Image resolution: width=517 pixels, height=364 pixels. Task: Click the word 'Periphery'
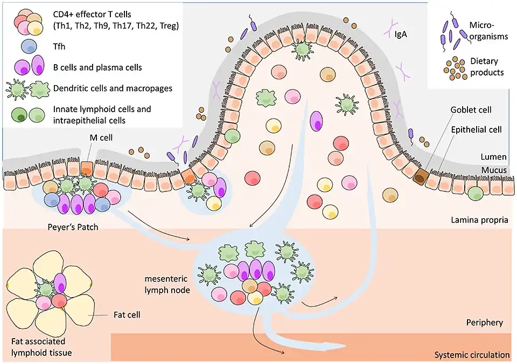[484, 322]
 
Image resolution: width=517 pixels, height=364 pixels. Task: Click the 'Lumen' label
[494, 157]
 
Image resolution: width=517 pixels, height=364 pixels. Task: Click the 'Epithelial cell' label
[476, 129]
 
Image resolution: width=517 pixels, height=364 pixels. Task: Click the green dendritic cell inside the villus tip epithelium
[302, 49]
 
